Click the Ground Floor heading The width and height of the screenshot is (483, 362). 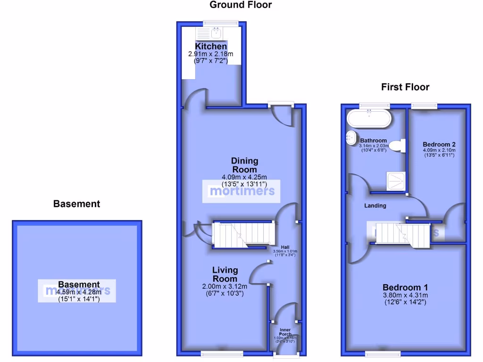241,5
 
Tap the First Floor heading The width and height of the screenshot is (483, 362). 405,87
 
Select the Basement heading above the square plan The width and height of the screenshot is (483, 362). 76,204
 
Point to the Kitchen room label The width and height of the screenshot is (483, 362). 211,47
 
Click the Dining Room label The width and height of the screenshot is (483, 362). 244,165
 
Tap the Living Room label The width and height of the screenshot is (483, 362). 225,274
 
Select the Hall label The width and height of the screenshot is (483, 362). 285,247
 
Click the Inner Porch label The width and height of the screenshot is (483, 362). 284,332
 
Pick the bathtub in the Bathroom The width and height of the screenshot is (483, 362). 369,119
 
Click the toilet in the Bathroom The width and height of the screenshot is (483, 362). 398,146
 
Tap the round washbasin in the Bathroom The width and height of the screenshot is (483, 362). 351,137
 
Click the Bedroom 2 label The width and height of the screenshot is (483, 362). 439,144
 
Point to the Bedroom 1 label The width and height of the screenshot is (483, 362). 405,288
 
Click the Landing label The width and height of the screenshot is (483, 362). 375,206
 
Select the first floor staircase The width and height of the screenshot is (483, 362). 399,233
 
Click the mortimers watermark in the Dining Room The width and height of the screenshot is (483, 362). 241,191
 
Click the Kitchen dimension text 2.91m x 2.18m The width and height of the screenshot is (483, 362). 211,54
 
